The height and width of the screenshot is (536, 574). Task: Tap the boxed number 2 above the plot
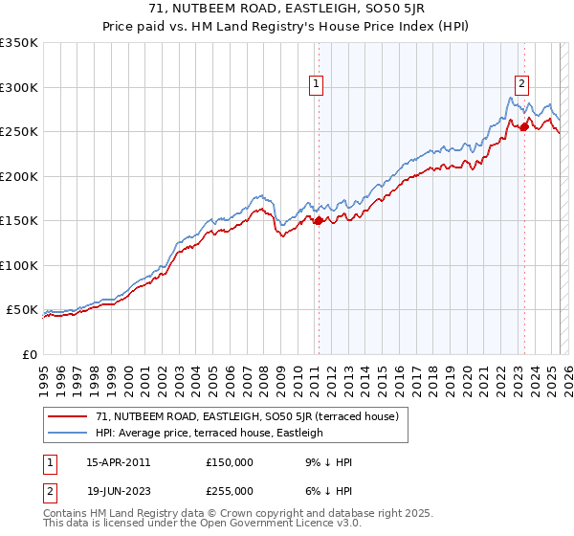[x=521, y=83]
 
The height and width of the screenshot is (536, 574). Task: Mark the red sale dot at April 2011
[x=319, y=220]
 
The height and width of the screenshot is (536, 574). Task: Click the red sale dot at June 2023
[x=524, y=126]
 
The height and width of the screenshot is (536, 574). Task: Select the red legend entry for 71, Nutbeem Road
[x=253, y=416]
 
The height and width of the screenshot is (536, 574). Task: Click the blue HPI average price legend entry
[x=210, y=433]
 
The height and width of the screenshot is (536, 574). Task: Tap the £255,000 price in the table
[x=230, y=490]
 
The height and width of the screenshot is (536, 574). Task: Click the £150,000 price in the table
[x=230, y=461]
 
